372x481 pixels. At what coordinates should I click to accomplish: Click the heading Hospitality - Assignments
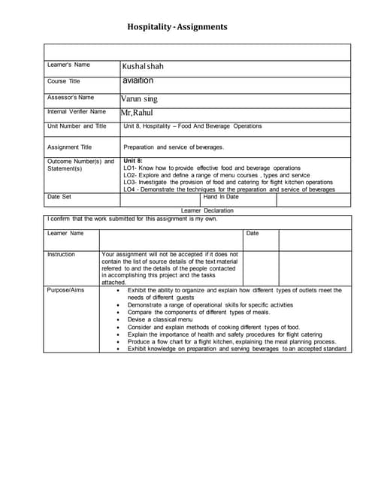177,28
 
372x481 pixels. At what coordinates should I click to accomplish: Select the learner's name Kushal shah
143,66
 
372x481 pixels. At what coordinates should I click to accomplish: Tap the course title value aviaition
138,80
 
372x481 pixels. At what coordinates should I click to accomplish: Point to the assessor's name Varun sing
139,98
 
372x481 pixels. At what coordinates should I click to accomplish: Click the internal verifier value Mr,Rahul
137,113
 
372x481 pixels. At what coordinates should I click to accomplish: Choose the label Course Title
64,81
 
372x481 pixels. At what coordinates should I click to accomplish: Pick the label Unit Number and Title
77,126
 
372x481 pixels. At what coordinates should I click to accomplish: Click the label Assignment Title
69,147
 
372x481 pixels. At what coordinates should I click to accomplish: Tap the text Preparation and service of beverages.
183,147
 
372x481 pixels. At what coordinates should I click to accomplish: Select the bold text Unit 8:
133,161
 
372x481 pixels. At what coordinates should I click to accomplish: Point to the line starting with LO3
228,182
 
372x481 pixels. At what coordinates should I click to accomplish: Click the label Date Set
59,197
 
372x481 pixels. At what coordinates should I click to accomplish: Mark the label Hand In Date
220,197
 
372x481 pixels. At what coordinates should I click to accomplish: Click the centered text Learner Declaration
207,210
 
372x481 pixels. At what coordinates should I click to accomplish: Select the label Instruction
61,255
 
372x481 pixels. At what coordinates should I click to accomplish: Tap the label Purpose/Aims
65,289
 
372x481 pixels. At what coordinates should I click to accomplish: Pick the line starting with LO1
211,168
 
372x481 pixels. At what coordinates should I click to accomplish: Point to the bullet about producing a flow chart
231,341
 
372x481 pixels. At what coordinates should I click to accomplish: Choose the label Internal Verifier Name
77,112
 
